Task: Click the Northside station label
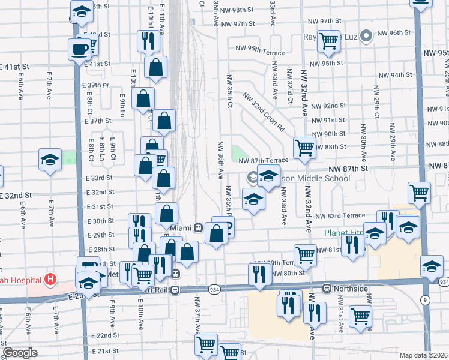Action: click(351, 289)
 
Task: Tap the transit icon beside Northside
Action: click(328, 289)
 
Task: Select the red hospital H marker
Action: click(50, 280)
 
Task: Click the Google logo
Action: click(20, 353)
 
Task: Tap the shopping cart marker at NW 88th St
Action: click(305, 147)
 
